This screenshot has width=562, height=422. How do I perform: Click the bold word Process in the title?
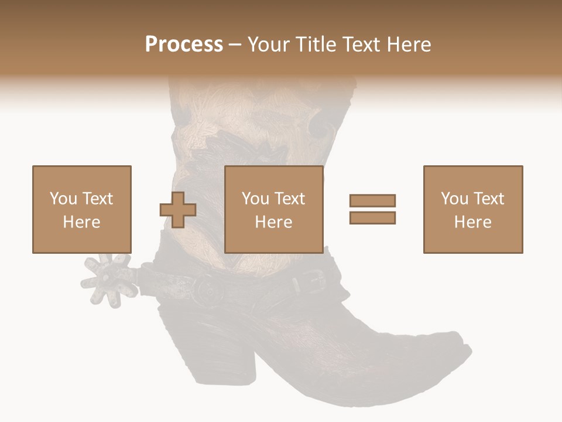184,45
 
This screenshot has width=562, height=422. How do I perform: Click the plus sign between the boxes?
178,210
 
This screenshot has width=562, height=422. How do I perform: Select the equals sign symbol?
372,209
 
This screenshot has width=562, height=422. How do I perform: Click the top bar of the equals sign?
372,201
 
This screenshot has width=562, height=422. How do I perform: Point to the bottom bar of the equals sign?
372,217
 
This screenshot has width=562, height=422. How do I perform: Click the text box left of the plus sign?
81,209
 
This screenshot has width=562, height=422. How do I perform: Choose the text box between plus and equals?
273,209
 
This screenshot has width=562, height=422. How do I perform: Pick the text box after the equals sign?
472,209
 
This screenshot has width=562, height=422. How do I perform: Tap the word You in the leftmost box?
63,199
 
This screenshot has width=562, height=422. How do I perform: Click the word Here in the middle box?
273,222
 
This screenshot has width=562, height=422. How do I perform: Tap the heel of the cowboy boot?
234,358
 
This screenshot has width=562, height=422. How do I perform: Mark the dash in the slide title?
235,45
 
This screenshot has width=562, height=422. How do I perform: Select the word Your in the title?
266,45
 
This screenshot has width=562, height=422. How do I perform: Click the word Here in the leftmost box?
81,222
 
